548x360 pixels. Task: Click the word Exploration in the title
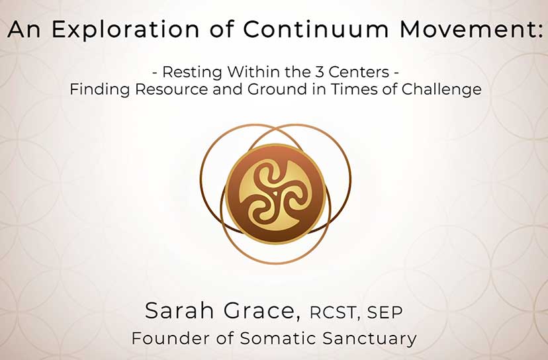click(x=125, y=30)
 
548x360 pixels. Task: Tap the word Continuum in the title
click(x=315, y=29)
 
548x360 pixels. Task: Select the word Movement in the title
click(x=466, y=29)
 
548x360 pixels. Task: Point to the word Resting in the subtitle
click(x=192, y=72)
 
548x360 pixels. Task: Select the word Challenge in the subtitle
click(x=441, y=89)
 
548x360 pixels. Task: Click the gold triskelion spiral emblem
click(x=275, y=195)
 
